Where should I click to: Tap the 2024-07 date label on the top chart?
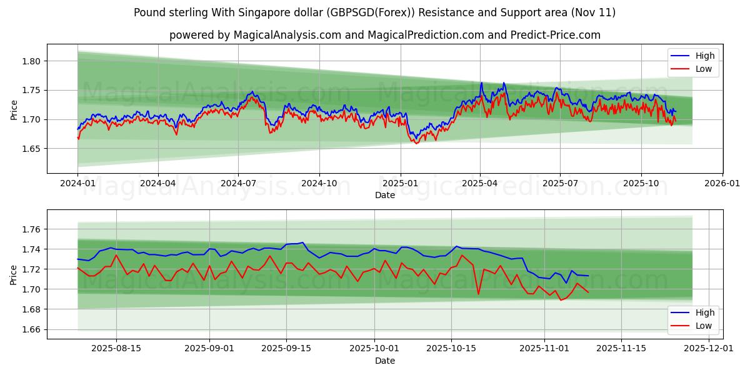[238, 184]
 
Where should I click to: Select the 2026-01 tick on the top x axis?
[722, 184]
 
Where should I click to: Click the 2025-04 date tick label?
[480, 184]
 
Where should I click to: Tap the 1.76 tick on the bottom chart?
[32, 229]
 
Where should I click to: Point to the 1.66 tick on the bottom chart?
[32, 329]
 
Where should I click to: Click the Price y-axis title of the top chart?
[14, 110]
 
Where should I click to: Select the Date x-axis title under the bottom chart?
[384, 361]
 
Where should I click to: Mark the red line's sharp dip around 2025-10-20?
[478, 294]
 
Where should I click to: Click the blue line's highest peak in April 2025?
[481, 82]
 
